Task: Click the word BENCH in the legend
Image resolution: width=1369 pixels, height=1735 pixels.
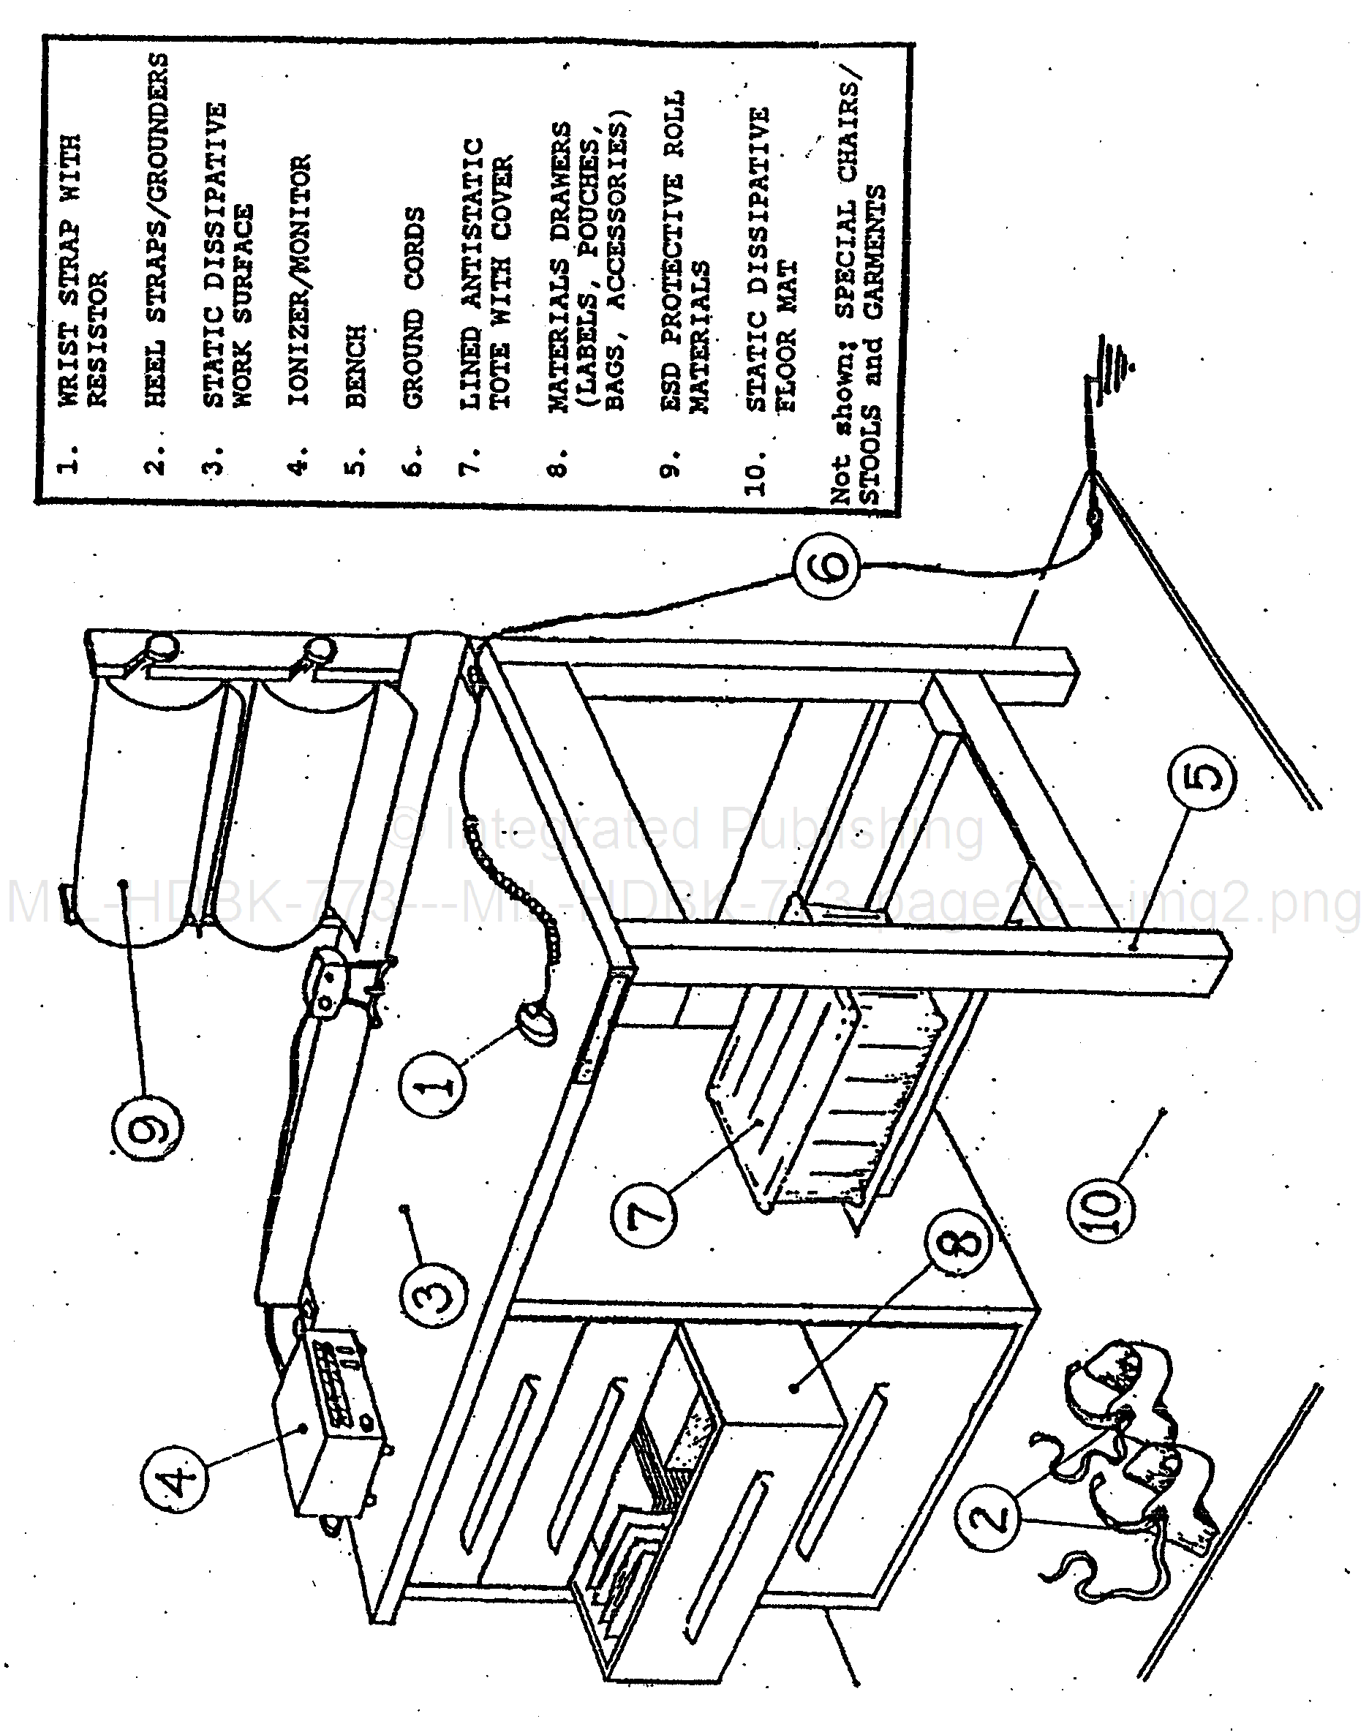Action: (355, 366)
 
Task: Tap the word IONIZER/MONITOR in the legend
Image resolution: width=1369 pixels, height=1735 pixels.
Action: (298, 281)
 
